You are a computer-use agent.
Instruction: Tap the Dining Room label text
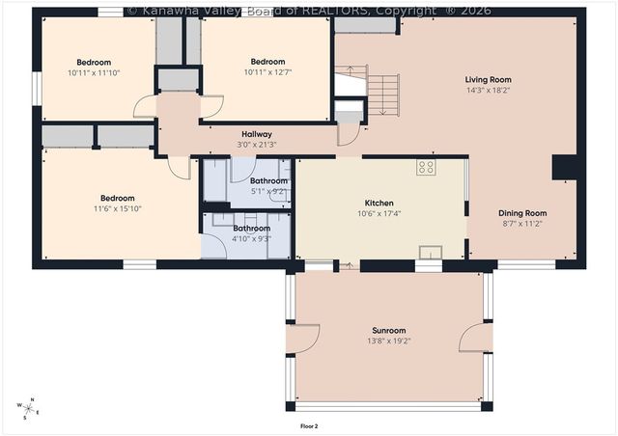click(522, 213)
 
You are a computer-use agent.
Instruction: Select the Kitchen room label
click(379, 204)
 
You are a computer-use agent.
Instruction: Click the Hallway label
click(256, 134)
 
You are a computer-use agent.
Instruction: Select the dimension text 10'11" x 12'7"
click(267, 72)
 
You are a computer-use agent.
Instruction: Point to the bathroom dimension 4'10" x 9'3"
click(252, 238)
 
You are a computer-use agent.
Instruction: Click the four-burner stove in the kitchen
click(425, 167)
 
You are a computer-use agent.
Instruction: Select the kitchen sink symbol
click(429, 253)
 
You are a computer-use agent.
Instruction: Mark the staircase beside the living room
click(383, 94)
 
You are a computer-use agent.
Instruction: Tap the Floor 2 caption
click(309, 424)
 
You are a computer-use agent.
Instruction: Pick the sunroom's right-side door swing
click(472, 337)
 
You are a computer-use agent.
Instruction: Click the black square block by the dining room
click(563, 169)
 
